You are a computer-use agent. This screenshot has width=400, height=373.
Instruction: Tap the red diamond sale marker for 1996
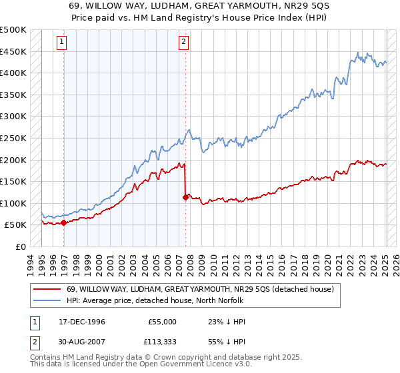pos(63,223)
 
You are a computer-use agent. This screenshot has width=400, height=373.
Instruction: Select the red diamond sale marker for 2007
pos(185,197)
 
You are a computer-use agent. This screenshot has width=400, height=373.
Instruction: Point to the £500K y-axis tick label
pos(13,30)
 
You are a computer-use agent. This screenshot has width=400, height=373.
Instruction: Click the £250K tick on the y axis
pos(13,138)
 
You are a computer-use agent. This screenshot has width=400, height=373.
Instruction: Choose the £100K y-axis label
pos(13,203)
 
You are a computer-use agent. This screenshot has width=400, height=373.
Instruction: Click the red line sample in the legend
pos(47,288)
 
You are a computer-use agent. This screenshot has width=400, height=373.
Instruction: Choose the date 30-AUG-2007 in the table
pos(77,344)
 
